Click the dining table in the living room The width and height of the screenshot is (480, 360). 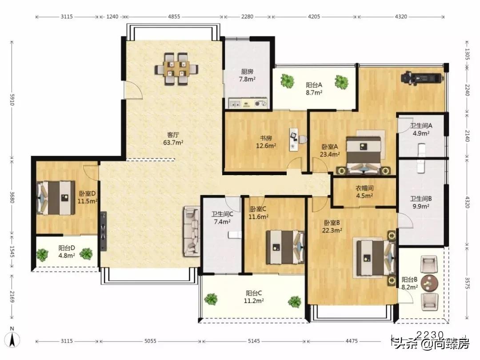(x=176, y=69)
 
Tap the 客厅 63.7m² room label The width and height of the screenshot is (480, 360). (x=173, y=139)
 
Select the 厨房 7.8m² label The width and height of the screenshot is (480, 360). (x=247, y=75)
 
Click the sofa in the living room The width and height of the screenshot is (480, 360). (x=191, y=231)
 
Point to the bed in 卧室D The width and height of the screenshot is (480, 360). (x=56, y=198)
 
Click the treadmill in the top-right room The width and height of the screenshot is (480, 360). (x=423, y=77)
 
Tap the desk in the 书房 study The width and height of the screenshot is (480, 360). (x=294, y=140)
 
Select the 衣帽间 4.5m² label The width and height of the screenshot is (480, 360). (x=364, y=192)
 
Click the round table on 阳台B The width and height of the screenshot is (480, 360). (x=429, y=283)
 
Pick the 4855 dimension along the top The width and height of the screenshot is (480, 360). (x=174, y=16)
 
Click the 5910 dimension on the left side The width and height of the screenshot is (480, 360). (x=12, y=100)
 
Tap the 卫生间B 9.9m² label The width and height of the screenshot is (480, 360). (x=421, y=203)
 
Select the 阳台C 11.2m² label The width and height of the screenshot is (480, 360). (x=253, y=297)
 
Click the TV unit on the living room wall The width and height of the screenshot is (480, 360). (x=103, y=231)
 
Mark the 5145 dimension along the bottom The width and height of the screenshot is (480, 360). (x=254, y=341)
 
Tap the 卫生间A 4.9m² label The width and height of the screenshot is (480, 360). (x=421, y=129)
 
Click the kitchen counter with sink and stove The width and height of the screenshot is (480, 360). (x=248, y=103)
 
